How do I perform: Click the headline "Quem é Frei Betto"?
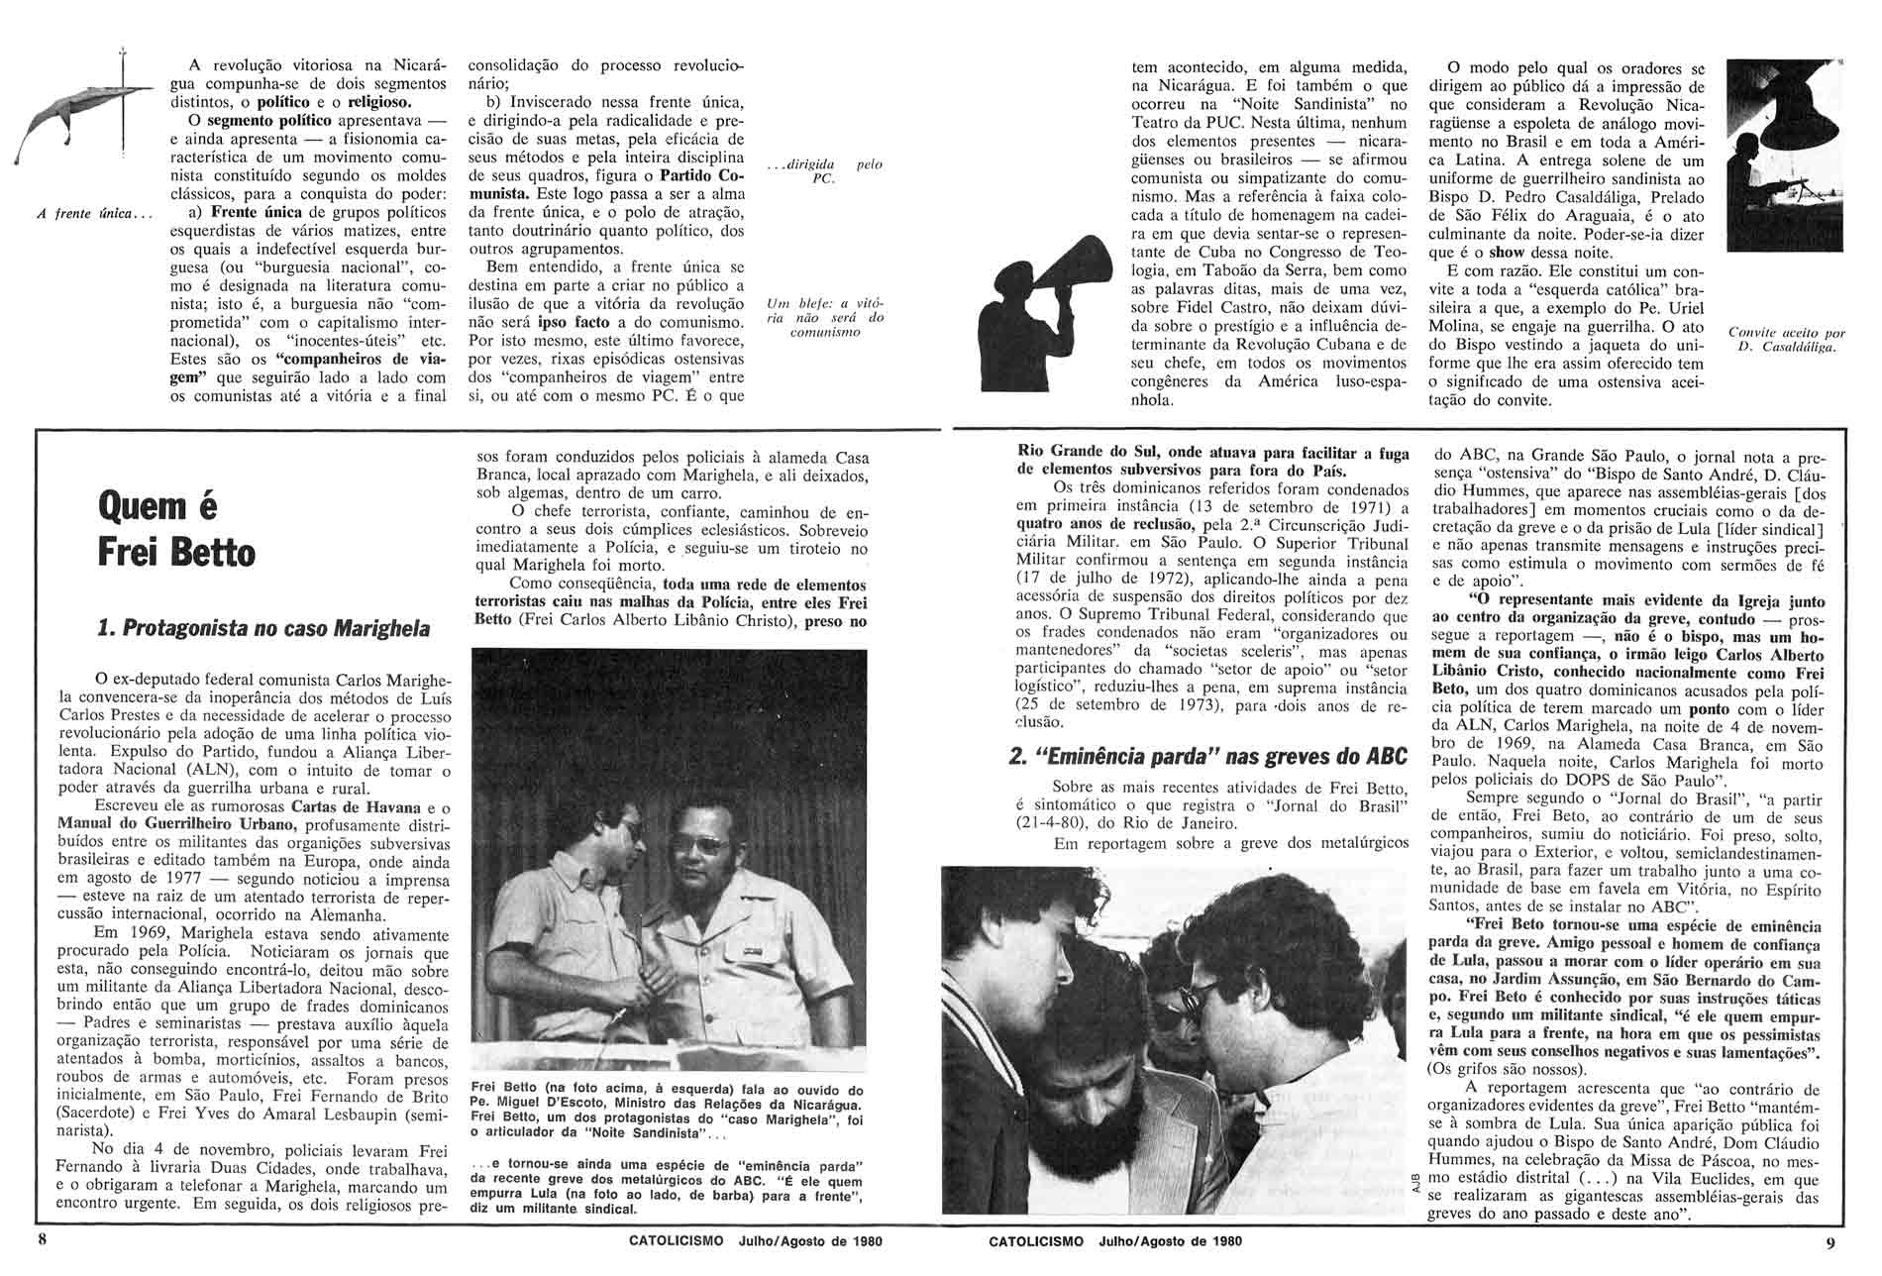176,530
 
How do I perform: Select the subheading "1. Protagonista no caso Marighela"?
264,628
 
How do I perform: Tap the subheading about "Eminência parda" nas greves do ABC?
1207,756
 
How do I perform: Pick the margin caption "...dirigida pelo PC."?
825,171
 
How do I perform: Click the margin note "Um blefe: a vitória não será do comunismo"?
825,317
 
